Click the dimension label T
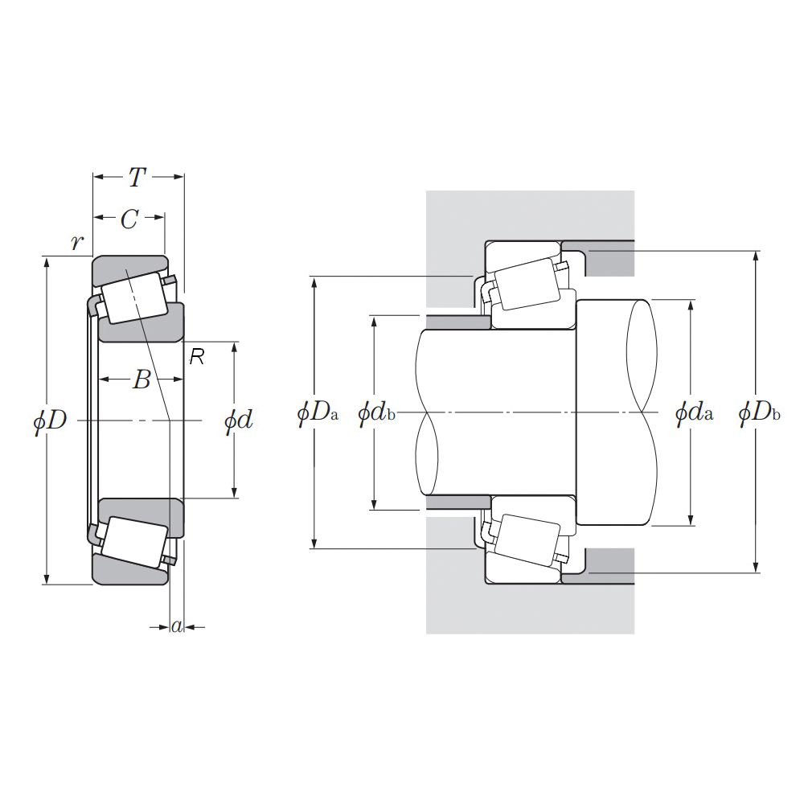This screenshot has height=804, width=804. [138, 177]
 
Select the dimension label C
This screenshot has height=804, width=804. [129, 219]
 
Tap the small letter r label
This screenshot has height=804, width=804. [76, 242]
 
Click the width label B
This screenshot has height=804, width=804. [141, 379]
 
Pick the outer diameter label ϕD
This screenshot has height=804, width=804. [50, 420]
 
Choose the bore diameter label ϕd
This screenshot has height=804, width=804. [238, 419]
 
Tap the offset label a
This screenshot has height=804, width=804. [177, 626]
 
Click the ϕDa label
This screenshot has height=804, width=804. [318, 413]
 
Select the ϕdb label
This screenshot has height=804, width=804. [376, 413]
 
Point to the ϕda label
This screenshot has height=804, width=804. [694, 413]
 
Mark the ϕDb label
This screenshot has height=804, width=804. [759, 413]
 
